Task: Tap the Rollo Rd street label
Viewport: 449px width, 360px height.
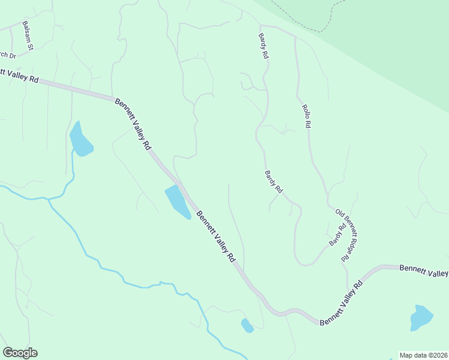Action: pos(306,116)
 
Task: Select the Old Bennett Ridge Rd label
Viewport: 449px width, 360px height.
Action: pos(349,235)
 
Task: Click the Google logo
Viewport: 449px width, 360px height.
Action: pos(20,353)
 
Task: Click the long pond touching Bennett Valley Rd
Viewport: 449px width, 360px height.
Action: pos(178,202)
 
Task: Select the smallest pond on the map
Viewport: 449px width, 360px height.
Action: pos(247,326)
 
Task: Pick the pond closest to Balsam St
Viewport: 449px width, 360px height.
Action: pos(80,140)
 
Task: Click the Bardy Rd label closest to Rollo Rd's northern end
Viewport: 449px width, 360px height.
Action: pos(263,46)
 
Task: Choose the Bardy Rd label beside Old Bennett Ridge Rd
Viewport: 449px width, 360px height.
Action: pos(337,234)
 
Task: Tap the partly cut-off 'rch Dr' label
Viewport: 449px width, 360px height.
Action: pos(7,55)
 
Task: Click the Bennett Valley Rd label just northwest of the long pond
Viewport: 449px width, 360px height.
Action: pos(133,124)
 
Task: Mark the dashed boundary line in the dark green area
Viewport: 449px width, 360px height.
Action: pos(306,24)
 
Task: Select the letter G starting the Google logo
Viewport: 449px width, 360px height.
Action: pos(8,353)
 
